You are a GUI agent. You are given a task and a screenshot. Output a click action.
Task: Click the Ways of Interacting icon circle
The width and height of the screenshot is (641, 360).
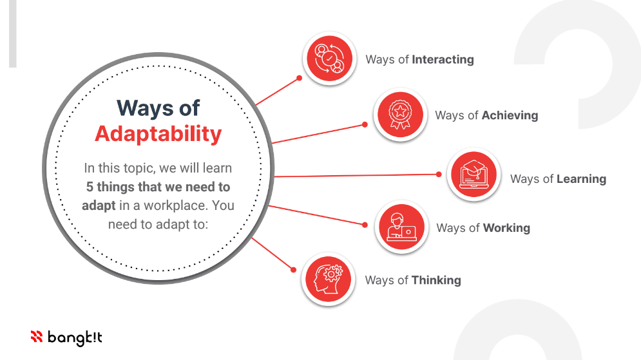pos(329,59)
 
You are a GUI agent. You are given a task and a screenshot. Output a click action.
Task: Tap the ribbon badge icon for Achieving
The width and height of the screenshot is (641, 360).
pos(400,115)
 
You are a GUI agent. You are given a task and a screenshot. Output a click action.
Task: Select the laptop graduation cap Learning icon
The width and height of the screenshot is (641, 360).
pos(474,175)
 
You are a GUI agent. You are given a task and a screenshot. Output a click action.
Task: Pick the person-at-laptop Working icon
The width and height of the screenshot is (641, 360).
pos(401,227)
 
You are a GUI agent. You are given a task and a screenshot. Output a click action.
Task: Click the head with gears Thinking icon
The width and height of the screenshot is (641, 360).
pos(329,279)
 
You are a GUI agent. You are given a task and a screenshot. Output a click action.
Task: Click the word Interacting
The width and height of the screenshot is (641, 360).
pos(443,60)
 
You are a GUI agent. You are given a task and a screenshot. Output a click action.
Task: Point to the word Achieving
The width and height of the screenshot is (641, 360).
pos(510,115)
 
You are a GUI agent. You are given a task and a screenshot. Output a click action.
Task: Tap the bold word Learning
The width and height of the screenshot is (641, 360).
pos(581,179)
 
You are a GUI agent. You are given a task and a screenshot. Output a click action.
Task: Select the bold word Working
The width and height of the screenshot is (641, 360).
pos(506,228)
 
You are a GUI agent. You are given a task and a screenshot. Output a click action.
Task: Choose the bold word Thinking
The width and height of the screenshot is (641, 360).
pos(436,280)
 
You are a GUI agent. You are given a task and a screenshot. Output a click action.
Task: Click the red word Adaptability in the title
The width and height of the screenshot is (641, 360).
pos(158,135)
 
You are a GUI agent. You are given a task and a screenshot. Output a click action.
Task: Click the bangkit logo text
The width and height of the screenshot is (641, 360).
pos(75,337)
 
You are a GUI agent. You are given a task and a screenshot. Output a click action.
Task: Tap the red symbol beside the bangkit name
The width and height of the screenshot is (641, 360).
pos(37,336)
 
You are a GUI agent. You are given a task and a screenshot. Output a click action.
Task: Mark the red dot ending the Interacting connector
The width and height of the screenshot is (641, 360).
pos(300,78)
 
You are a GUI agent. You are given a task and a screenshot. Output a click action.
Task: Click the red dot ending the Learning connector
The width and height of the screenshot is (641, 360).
pos(439,175)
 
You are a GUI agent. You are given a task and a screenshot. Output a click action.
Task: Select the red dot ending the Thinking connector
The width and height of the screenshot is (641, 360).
pos(293,270)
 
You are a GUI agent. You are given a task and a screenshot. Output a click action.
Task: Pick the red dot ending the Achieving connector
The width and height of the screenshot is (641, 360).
pos(365,125)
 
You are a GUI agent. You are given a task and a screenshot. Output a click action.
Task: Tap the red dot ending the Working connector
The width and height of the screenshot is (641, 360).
pos(365,225)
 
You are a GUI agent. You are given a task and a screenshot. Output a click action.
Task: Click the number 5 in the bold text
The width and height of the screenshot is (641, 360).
pos(90,187)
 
